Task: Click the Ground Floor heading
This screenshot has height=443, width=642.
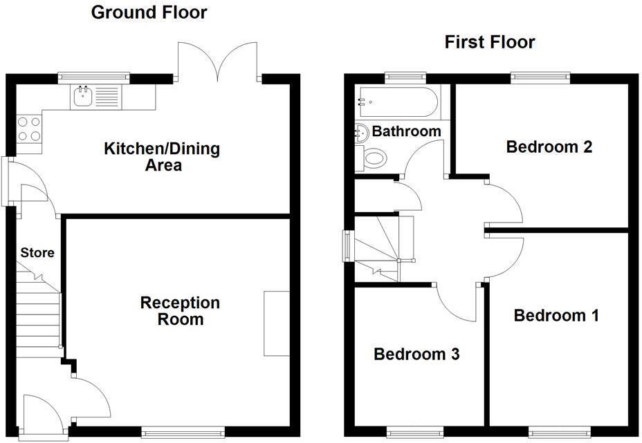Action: tap(149, 12)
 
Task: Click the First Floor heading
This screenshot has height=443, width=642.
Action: tap(489, 42)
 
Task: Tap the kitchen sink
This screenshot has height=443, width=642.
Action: tap(84, 97)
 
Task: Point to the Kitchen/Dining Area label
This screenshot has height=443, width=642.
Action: tap(162, 157)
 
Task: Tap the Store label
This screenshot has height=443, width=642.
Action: tap(37, 253)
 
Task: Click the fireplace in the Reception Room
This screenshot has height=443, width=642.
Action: tap(276, 323)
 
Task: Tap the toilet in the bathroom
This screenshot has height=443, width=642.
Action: tap(372, 158)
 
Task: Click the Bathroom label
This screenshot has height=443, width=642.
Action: tap(406, 131)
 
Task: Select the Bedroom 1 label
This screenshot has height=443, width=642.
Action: tap(556, 316)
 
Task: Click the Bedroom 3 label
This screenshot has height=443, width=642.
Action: tap(416, 355)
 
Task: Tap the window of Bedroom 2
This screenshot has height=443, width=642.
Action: tap(540, 77)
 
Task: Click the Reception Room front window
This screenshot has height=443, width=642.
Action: tap(183, 432)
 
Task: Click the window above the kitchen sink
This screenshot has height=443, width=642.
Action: tap(93, 77)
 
